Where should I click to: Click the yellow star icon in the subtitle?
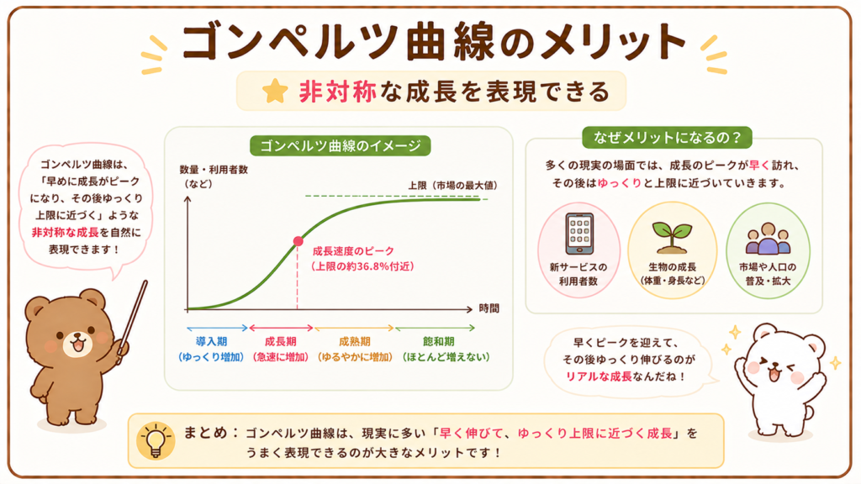pos(275,91)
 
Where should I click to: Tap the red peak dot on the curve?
pos(298,241)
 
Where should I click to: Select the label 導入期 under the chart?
pos(211,342)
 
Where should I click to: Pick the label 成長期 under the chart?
pos(281,342)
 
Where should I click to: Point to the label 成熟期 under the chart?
pos(355,342)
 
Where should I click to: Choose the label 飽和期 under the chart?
pos(438,342)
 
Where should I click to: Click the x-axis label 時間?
pos(489,308)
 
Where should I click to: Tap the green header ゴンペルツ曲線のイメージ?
pos(340,146)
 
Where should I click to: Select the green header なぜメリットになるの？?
pos(667,137)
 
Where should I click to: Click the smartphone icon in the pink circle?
pos(579,234)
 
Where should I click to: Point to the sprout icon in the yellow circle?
pos(672,237)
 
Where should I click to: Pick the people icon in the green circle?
pos(768,239)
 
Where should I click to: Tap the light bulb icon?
pos(156,440)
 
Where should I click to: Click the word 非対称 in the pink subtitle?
pos(338,91)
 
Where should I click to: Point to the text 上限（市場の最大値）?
pos(453,186)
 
